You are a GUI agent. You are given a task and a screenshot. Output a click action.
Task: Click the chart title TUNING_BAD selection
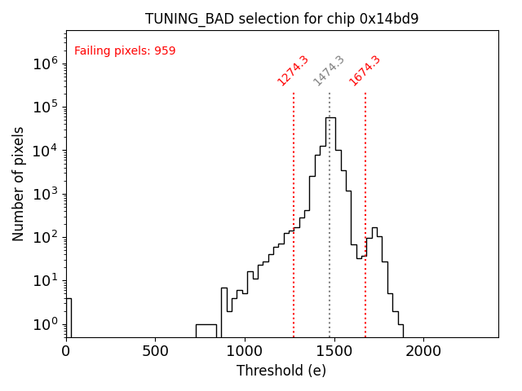point(281,19)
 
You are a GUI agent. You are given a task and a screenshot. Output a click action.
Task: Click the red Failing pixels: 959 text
point(125,51)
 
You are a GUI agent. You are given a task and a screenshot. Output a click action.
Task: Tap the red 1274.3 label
point(293,70)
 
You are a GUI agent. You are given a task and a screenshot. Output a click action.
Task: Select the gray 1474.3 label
point(329,70)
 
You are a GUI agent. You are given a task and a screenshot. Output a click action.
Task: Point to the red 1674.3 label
point(365,70)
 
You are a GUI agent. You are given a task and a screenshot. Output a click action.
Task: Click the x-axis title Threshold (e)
point(281,371)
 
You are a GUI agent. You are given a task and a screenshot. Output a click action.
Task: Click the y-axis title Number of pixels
point(19,183)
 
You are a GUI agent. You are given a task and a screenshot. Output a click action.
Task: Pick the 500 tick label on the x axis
point(155,350)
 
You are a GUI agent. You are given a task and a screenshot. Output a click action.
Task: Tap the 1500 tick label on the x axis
point(334,350)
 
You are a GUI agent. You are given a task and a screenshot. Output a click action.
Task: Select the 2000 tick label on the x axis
point(424,350)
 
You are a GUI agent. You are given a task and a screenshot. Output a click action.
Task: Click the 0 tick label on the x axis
point(66,350)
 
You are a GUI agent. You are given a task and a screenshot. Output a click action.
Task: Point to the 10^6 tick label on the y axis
point(45,64)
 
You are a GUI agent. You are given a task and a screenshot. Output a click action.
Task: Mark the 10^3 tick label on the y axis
point(45,194)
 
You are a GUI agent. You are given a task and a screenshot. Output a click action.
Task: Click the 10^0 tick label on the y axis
point(45,324)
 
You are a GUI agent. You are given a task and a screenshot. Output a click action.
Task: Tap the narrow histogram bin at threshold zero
point(69,318)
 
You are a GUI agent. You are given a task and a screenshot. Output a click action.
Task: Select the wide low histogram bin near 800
point(206,331)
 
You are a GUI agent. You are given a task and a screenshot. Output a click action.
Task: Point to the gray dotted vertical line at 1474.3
point(330,106)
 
